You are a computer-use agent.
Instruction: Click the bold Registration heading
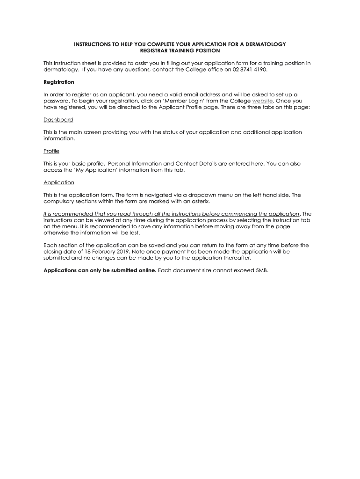58,82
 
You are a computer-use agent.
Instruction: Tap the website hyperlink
262,101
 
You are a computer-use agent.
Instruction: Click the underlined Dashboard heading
58,119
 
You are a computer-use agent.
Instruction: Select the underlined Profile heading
51,151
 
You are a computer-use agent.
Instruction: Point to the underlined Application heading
59,182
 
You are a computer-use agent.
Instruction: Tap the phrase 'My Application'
97,170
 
